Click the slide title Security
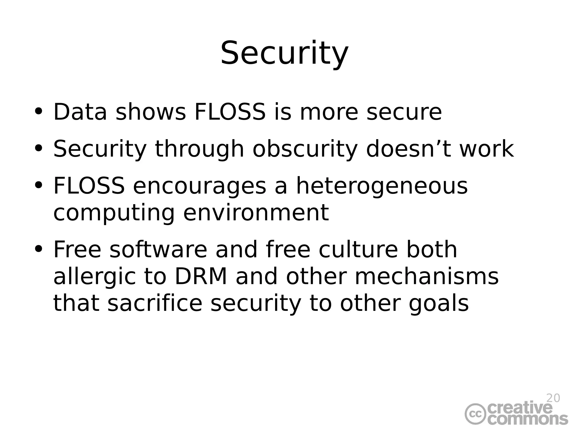(x=284, y=53)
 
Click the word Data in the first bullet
(x=80, y=112)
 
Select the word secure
(x=404, y=112)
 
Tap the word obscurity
(x=305, y=149)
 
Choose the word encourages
(x=199, y=186)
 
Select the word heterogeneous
(x=382, y=186)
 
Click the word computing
(x=114, y=213)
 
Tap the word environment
(x=256, y=213)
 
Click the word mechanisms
(x=426, y=277)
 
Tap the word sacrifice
(x=154, y=303)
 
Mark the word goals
(x=438, y=304)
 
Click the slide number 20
(x=553, y=398)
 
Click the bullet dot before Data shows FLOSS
(x=38, y=111)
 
